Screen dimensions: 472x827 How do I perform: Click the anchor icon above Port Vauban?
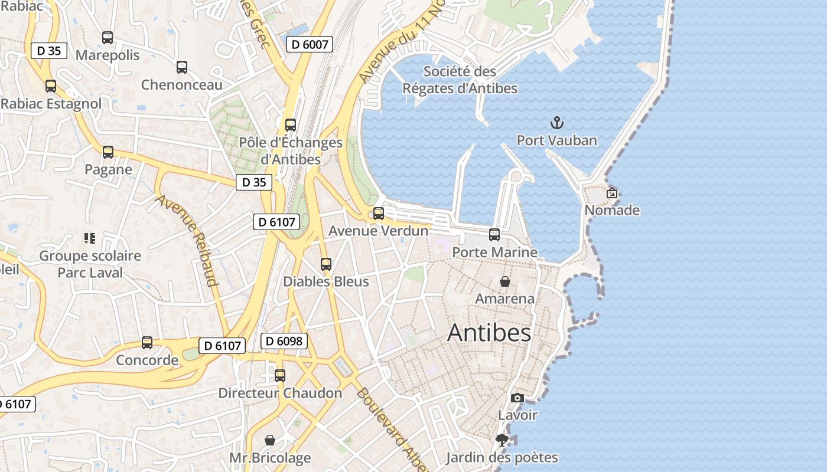[x=557, y=123]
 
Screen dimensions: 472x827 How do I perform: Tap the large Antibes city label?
[x=489, y=333]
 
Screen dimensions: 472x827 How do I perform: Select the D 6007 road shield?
[x=310, y=44]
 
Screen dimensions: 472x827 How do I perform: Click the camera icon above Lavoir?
[x=517, y=398]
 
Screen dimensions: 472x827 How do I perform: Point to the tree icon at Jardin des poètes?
[x=502, y=440]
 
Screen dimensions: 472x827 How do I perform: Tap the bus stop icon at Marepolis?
[x=108, y=38]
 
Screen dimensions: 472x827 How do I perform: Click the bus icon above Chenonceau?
[x=182, y=67]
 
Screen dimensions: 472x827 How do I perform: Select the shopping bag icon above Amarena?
[x=505, y=281]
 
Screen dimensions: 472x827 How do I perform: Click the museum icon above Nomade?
[x=612, y=193]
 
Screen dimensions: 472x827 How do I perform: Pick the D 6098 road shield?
[x=284, y=341]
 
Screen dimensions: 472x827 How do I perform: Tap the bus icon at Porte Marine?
[x=494, y=235]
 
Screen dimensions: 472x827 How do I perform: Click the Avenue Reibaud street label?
[x=187, y=240]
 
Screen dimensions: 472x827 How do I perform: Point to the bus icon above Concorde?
[x=147, y=343]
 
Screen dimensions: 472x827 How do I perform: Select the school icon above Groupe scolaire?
[x=90, y=238]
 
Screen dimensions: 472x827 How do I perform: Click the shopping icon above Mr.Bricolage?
[x=270, y=440]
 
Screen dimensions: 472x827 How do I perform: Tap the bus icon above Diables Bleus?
[x=326, y=264]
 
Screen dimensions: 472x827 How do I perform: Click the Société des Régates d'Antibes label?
[x=460, y=80]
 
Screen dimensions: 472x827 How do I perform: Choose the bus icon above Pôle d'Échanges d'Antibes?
[x=291, y=125]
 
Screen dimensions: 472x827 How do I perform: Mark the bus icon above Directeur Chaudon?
[x=280, y=376]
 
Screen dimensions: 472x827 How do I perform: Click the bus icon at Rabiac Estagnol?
[x=51, y=86]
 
